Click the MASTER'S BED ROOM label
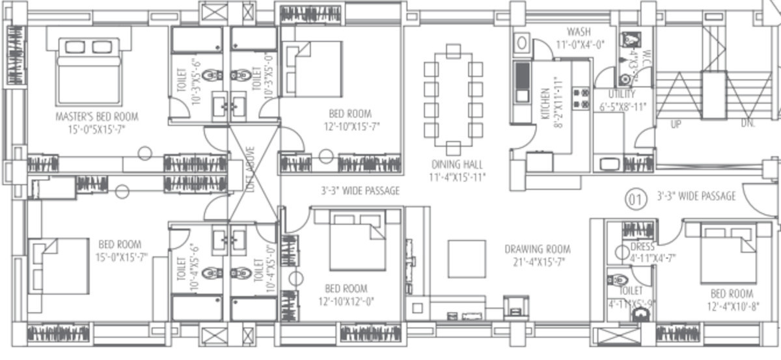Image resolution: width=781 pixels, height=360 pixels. click(97, 122)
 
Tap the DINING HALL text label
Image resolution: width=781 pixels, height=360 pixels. click(457, 170)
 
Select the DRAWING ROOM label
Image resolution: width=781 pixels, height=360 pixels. click(538, 255)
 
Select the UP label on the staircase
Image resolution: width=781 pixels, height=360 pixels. click(676, 124)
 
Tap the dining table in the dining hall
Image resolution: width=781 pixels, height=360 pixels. click(453, 100)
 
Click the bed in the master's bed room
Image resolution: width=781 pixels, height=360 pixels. click(89, 70)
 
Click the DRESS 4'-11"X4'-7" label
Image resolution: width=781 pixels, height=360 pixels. click(653, 253)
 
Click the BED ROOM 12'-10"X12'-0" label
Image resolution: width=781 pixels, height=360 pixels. click(346, 294)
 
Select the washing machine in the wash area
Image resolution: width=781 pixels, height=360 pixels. click(521, 43)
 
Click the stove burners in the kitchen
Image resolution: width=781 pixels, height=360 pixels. click(581, 98)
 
